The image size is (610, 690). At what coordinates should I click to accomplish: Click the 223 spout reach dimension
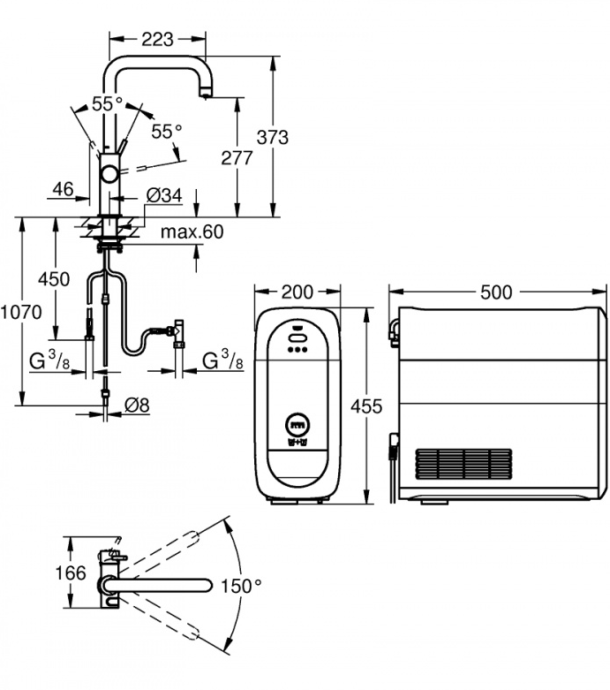click(x=157, y=39)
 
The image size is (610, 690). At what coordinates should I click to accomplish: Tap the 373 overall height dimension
click(x=272, y=137)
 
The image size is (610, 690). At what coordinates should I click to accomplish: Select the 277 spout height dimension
click(x=237, y=158)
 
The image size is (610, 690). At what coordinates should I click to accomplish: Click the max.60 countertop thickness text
click(x=192, y=231)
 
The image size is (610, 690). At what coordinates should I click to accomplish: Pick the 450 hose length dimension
click(x=54, y=279)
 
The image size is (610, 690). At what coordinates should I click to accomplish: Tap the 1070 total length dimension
click(x=20, y=311)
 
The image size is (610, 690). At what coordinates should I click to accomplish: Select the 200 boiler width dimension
click(x=297, y=292)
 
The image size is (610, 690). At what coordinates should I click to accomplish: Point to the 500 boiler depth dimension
click(x=497, y=292)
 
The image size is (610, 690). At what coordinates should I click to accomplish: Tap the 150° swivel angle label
click(x=242, y=586)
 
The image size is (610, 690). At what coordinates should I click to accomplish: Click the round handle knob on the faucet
click(x=111, y=174)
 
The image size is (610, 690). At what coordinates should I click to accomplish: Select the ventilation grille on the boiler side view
click(x=463, y=463)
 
